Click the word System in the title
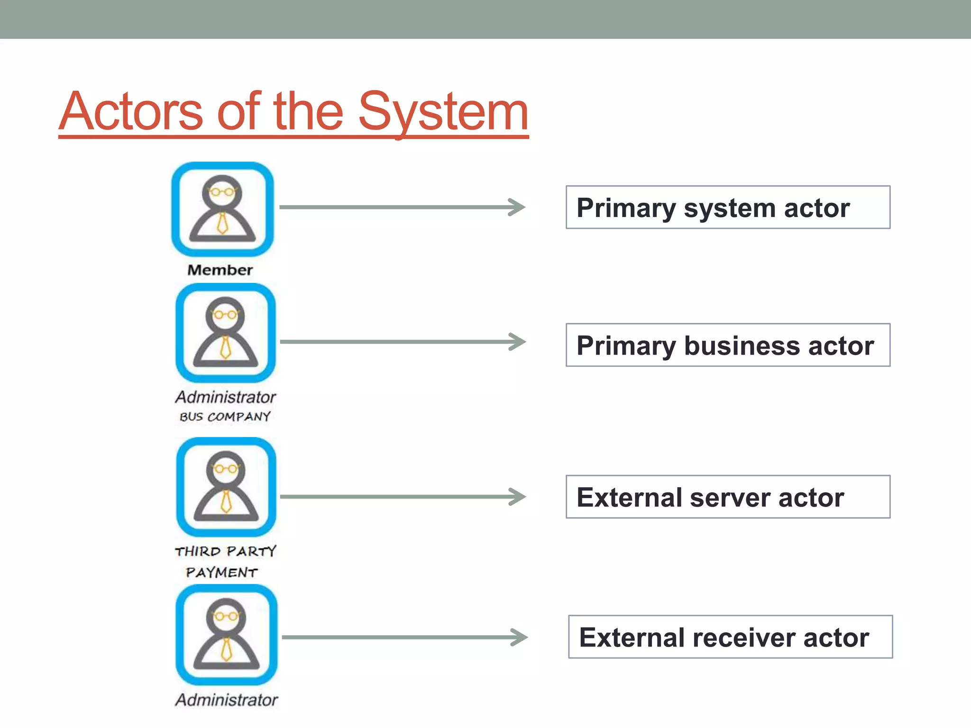tap(443, 112)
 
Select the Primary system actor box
tap(727, 208)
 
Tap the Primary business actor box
tap(727, 345)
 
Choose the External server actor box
tap(727, 497)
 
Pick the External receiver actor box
tap(730, 637)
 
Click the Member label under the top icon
tap(220, 270)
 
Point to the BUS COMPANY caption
tap(225, 417)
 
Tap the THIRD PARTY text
tap(226, 551)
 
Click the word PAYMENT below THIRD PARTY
tap(221, 573)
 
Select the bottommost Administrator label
tap(227, 700)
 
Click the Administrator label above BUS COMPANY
tap(226, 397)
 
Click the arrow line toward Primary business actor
tap(394, 342)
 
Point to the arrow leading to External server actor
tap(394, 497)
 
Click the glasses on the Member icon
tap(222, 192)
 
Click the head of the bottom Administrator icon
tap(227, 615)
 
